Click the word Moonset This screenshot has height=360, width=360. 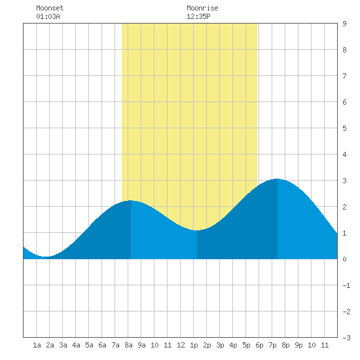click(50, 8)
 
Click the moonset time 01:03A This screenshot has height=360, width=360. click(48, 16)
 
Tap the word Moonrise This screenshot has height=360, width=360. click(202, 8)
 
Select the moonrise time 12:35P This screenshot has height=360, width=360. click(198, 16)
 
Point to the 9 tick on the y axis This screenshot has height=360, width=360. click(344, 24)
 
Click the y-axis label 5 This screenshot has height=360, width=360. click(344, 128)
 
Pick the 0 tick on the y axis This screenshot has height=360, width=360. click(344, 259)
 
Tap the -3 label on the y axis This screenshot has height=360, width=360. click(346, 338)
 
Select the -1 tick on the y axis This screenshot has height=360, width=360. click(346, 285)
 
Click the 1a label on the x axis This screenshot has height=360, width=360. click(37, 345)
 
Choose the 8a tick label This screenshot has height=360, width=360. click(128, 345)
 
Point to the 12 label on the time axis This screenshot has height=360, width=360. click(181, 345)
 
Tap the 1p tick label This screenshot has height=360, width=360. click(194, 345)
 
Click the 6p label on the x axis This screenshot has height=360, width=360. click(259, 345)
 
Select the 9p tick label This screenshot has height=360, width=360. click(298, 345)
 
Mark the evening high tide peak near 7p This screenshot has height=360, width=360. click(278, 179)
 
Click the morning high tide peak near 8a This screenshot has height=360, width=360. click(131, 201)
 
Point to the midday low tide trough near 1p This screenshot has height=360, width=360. click(197, 230)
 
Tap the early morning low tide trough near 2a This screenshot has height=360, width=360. click(46, 257)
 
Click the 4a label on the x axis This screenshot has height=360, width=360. click(76, 345)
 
